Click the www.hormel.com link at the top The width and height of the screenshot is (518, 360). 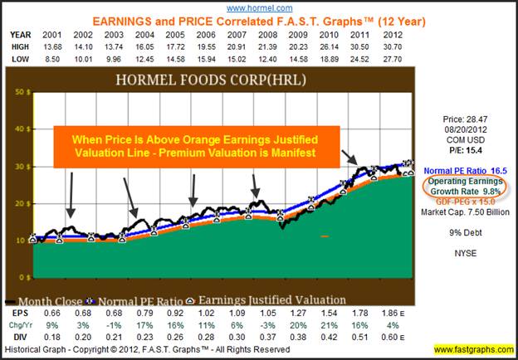pyautogui.click(x=259, y=7)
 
